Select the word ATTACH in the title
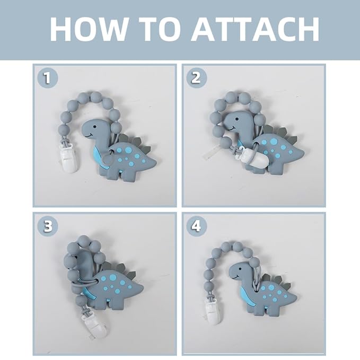(255, 29)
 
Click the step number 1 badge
(48, 78)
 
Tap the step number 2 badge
(196, 78)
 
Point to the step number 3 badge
(48, 226)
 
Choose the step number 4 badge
(196, 226)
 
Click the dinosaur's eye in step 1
(94, 127)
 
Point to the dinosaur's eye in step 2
(236, 119)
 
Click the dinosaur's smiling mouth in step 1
(89, 136)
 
